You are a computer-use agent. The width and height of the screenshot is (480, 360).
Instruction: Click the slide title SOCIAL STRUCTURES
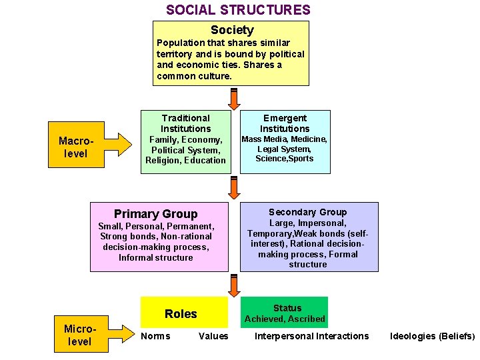pos(238,10)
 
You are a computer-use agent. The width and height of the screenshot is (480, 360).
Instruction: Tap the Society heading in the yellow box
pos(232,30)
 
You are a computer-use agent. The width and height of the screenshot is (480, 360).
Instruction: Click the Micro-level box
pos(79,335)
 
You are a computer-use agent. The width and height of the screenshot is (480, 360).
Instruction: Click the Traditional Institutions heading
pos(185,123)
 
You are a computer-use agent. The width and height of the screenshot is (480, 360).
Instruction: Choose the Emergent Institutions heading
pos(285,123)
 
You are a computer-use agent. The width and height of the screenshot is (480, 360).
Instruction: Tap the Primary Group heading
pos(155,214)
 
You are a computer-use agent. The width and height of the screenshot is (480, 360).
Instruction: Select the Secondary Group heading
pos(307,212)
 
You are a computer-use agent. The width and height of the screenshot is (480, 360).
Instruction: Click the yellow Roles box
pos(181,313)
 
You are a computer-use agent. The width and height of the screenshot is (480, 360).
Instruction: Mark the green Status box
pos(285,313)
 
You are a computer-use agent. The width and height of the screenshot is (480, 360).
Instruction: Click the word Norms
pos(155,336)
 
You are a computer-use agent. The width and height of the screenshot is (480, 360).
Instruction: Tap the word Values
pos(213,336)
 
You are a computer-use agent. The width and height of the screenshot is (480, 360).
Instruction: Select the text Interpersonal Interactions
pos(311,336)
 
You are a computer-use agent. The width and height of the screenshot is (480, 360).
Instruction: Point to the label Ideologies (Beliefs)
pos(433,336)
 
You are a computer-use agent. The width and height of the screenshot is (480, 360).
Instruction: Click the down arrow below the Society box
pos(233,98)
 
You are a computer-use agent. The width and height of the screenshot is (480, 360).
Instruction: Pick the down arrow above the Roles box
pos(233,285)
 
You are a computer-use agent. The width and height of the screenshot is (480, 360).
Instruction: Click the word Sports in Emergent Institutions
pos(299,159)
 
